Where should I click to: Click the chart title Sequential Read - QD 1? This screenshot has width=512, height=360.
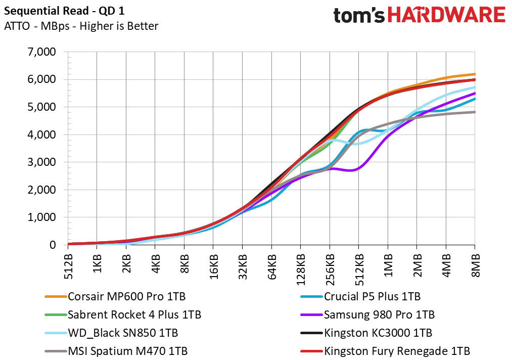(64, 11)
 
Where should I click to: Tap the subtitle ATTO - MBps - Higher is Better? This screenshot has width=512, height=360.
(81, 26)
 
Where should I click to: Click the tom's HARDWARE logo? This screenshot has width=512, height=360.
(420, 15)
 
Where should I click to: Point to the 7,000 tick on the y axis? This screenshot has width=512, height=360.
(42, 52)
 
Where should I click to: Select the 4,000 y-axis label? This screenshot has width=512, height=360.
(42, 134)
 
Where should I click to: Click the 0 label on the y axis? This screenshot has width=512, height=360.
(53, 245)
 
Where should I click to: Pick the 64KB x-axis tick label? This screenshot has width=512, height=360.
(272, 266)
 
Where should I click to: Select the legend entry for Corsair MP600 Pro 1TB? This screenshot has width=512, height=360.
(115, 297)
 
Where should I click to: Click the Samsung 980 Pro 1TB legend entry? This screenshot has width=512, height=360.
(367, 315)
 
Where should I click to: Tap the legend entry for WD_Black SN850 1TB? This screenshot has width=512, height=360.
(111, 333)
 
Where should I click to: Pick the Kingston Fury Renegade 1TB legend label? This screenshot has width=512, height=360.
(385, 351)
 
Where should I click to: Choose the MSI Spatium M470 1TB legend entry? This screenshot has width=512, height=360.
(116, 351)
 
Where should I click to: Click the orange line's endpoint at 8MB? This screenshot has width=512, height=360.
(475, 74)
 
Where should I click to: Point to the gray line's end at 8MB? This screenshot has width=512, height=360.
(475, 112)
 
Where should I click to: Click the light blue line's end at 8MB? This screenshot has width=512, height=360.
(475, 87)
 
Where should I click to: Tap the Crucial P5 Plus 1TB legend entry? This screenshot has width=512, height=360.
(360, 297)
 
